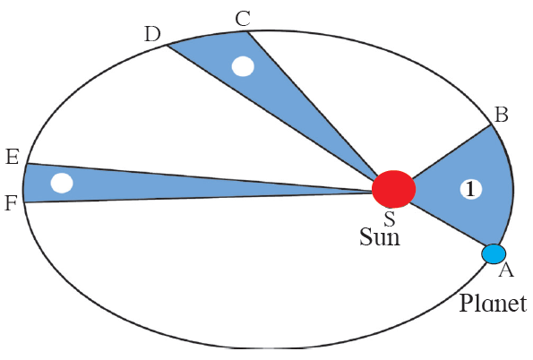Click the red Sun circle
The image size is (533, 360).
[394, 189]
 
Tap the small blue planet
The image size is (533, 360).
[494, 254]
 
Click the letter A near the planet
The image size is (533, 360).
[505, 270]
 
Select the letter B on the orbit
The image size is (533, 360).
[502, 115]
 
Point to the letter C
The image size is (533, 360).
[242, 18]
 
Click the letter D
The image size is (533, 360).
[152, 34]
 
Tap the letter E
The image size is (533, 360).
[13, 158]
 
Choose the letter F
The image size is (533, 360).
[11, 202]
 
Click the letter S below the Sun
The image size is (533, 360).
[389, 218]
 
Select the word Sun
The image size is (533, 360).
[379, 238]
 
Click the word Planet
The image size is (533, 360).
[493, 302]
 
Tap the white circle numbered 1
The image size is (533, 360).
[471, 189]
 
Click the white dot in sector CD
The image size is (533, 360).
[242, 65]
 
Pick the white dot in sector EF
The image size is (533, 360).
[61, 184]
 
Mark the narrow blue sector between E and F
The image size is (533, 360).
[134, 184]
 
